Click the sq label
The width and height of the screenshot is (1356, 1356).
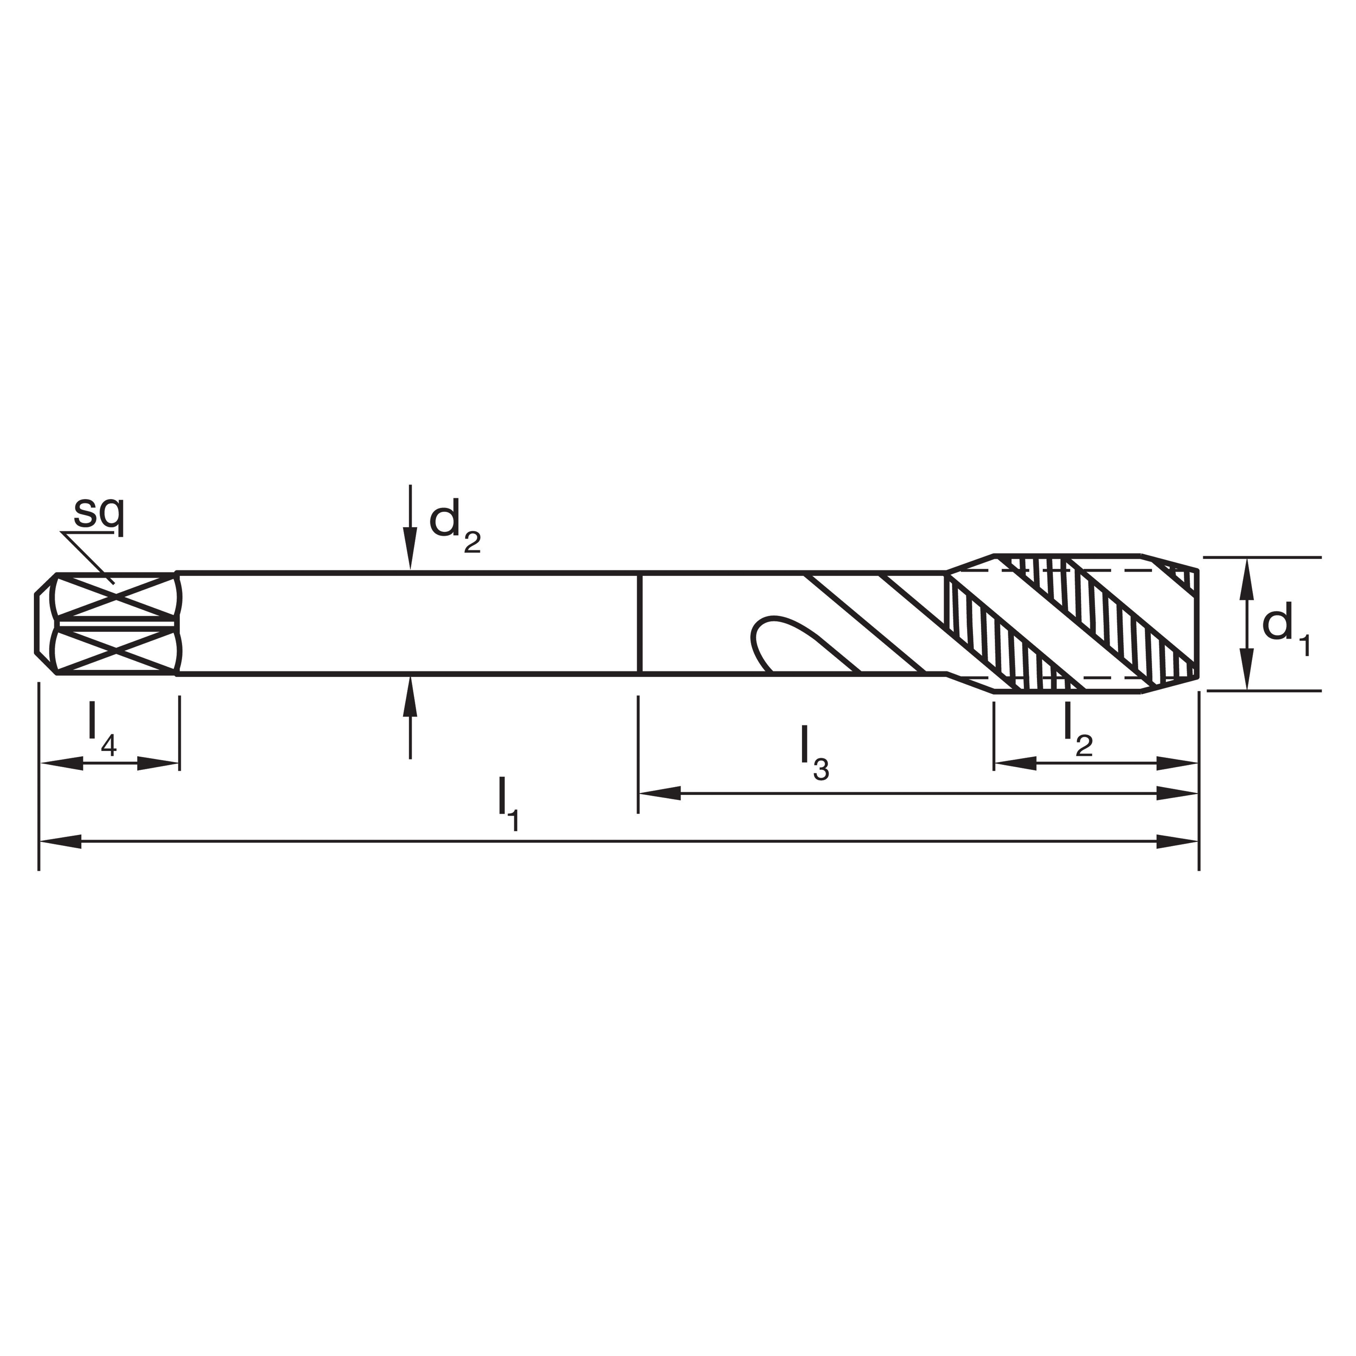(99, 515)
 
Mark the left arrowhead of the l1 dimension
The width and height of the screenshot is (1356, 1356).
(60, 841)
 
